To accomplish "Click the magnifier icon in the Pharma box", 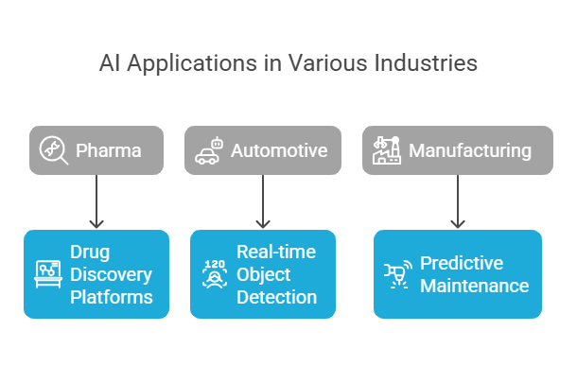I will tap(53, 150).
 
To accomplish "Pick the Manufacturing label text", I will tap(470, 150).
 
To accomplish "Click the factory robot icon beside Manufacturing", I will tap(386, 150).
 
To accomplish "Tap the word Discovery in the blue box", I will tap(110, 274).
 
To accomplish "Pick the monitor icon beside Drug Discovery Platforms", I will tap(48, 274).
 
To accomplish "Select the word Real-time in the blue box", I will tap(276, 253).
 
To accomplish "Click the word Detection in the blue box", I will tap(276, 296).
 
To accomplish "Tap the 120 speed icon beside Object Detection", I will tap(214, 274).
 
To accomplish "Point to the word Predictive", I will tap(462, 263).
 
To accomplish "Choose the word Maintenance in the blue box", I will tap(474, 285).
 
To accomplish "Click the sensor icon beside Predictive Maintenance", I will tap(396, 274).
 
